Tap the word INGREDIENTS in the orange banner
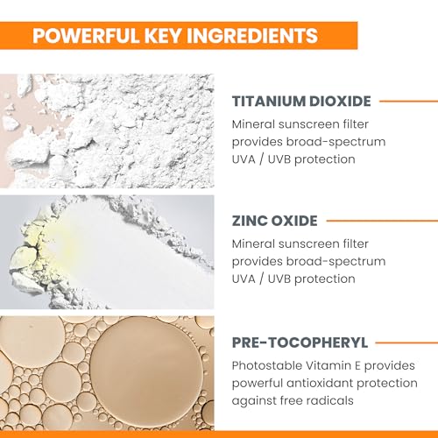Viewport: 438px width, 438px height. click(x=252, y=36)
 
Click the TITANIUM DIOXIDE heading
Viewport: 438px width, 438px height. click(x=301, y=101)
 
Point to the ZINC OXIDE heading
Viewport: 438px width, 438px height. click(x=274, y=221)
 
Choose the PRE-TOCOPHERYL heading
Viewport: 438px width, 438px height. click(x=300, y=343)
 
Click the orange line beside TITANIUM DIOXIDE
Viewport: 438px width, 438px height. click(x=409, y=102)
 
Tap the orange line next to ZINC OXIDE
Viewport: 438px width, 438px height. click(x=382, y=221)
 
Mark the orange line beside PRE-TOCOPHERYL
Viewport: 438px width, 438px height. click(x=406, y=343)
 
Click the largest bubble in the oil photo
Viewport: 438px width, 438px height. click(x=146, y=369)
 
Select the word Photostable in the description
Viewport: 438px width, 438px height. click(x=267, y=365)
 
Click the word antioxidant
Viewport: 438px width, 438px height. click(x=320, y=383)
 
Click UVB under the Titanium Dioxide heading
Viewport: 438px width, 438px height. click(x=279, y=159)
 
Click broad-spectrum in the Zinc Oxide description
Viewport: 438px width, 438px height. click(x=336, y=262)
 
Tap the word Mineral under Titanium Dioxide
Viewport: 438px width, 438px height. click(x=253, y=124)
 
